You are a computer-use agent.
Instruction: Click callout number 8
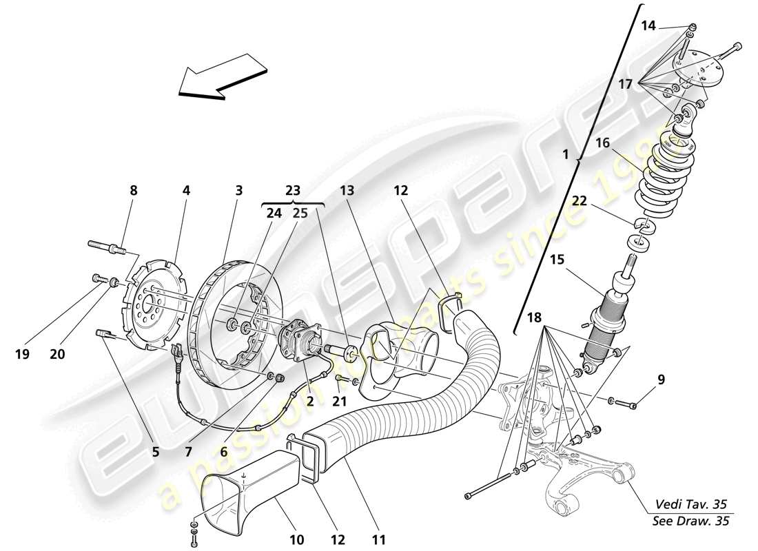tap(134, 191)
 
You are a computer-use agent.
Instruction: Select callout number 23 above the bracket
tap(292, 191)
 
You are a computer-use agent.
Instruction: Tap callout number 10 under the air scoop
tap(296, 541)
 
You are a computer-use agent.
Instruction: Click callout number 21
tap(339, 401)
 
